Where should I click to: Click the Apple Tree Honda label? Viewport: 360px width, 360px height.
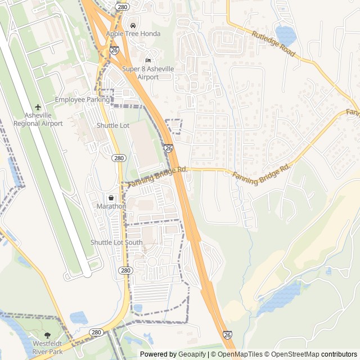pos(133,34)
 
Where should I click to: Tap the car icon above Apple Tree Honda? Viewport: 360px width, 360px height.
pos(133,25)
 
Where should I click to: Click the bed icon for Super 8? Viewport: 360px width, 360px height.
pos(148,60)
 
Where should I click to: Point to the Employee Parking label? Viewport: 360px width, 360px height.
pos(82,100)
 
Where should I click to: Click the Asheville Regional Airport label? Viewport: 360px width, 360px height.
pos(38,119)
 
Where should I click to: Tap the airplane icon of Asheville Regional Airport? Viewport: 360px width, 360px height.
pos(38,107)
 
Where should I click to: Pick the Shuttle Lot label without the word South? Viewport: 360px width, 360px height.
pos(113,125)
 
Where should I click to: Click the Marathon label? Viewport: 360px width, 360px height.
pos(111,206)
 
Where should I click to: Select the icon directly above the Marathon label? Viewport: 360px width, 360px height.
pos(111,198)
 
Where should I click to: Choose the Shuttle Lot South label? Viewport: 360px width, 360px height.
pos(116,242)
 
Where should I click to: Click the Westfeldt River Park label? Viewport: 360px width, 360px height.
pos(47,347)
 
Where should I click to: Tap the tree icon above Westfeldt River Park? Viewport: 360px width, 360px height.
pos(47,335)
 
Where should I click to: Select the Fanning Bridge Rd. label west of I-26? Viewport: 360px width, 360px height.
pos(157,176)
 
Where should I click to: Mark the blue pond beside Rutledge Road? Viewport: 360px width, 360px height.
pos(286,34)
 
